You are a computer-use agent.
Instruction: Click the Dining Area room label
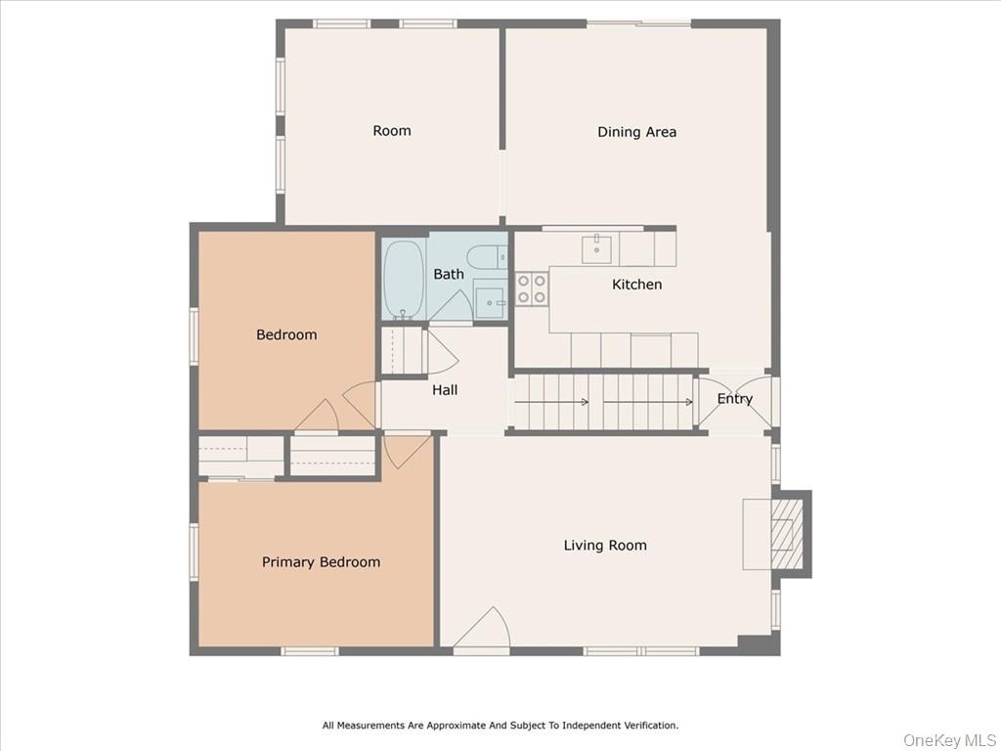636,132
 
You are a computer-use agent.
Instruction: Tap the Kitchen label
636,285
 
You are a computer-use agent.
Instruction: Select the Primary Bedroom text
321,562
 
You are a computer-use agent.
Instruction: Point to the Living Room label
604,546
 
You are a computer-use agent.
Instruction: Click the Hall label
445,390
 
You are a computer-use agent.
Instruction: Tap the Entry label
734,399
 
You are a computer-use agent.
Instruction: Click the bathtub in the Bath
404,279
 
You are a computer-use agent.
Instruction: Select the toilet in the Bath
487,258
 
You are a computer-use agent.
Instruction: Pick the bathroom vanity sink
491,301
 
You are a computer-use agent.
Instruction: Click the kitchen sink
596,249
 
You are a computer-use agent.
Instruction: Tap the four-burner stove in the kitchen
532,288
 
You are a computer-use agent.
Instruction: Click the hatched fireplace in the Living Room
787,534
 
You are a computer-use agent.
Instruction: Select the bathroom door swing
451,307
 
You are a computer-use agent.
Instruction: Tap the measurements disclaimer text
500,726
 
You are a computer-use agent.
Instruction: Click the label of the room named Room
391,131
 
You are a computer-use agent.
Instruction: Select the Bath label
448,274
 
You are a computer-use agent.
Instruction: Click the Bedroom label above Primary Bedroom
286,334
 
